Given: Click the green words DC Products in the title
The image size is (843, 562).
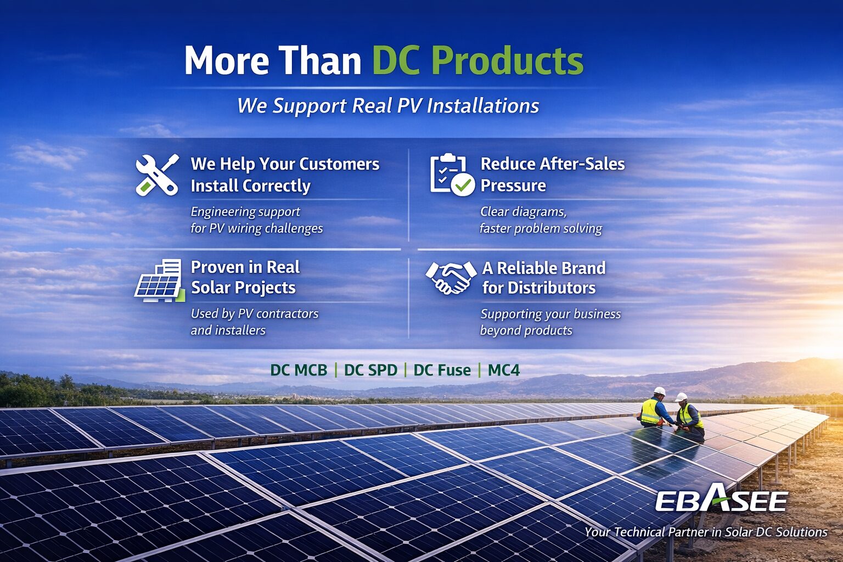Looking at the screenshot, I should click(x=477, y=60).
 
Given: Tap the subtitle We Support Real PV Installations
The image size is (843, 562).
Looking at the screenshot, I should click(x=388, y=105).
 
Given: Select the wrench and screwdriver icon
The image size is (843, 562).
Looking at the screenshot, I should click(x=157, y=175).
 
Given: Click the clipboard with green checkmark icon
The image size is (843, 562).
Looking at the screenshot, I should click(x=452, y=175).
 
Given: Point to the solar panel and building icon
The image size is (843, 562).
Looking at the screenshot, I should click(x=159, y=280).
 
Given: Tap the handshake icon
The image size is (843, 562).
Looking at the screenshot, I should click(x=451, y=277).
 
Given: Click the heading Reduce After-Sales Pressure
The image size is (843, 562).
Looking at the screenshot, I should click(x=552, y=175).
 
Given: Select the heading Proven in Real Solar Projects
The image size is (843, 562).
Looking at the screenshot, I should click(x=245, y=277).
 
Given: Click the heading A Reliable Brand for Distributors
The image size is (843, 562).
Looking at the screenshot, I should click(x=543, y=278).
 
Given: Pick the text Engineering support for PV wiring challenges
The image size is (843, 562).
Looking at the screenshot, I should click(x=256, y=220).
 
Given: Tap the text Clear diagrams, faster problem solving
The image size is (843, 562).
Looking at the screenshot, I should click(x=540, y=220).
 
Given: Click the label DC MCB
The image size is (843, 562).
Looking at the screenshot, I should click(x=299, y=370).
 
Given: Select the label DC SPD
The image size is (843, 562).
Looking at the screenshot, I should click(x=370, y=370).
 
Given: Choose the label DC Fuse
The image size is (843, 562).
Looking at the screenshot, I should click(x=442, y=370).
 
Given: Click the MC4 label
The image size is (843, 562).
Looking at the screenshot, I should click(x=503, y=370).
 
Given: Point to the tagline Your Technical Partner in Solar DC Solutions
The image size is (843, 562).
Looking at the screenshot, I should click(x=705, y=532).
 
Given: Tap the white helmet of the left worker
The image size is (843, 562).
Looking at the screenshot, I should click(x=659, y=391).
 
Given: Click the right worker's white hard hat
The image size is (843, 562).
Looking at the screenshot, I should click(x=681, y=397).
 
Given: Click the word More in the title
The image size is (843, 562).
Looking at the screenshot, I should click(x=226, y=60).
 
